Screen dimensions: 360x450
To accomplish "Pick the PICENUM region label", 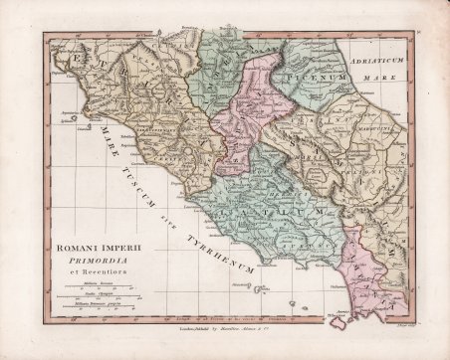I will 308,75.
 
